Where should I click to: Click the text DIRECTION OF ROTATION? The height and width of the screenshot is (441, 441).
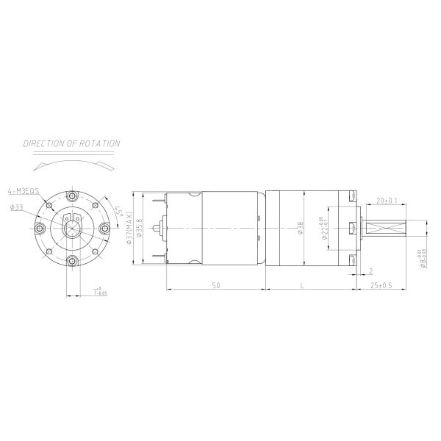pos(71,144)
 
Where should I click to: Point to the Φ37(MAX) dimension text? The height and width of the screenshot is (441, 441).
pos(129,229)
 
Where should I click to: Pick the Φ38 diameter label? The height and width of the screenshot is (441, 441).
pos(300,229)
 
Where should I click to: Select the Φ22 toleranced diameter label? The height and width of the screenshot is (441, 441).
pos(324,229)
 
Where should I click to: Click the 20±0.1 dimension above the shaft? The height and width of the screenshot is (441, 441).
pos(387,201)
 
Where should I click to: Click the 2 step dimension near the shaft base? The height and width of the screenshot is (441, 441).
pos(370,270)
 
